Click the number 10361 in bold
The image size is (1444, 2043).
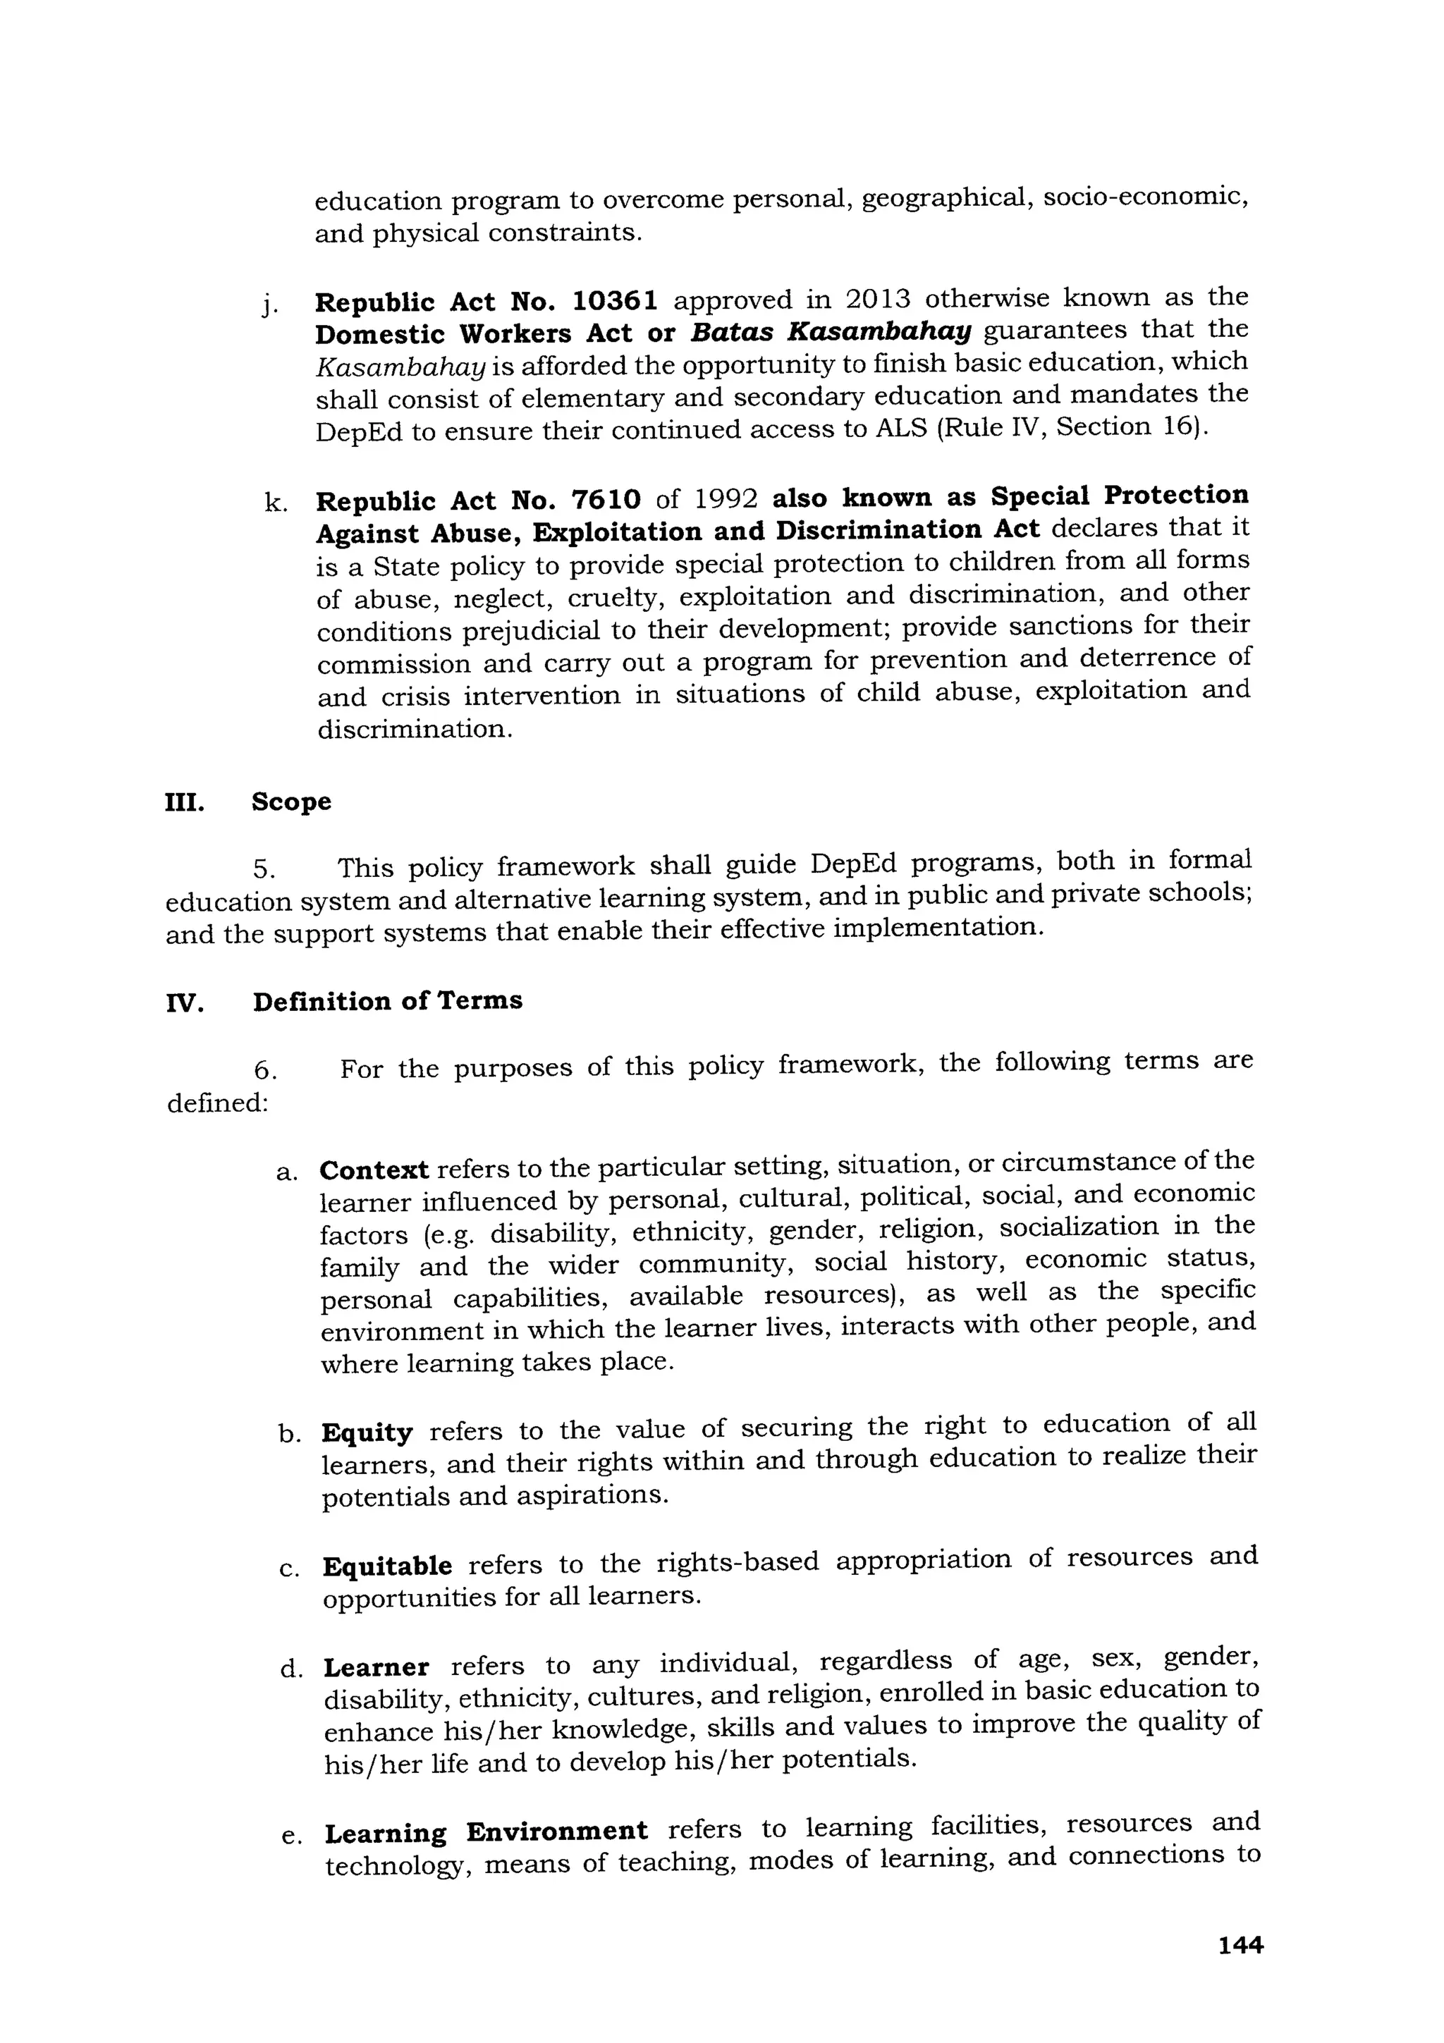click(x=615, y=301)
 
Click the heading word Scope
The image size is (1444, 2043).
click(x=291, y=802)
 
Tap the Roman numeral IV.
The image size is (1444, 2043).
click(x=185, y=1004)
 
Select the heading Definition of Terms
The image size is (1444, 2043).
click(x=387, y=1001)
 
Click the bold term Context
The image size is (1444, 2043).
click(x=374, y=1170)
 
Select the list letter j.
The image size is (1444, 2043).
click(x=268, y=307)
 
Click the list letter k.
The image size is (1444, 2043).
click(x=275, y=503)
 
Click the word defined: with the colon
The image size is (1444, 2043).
click(x=218, y=1103)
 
